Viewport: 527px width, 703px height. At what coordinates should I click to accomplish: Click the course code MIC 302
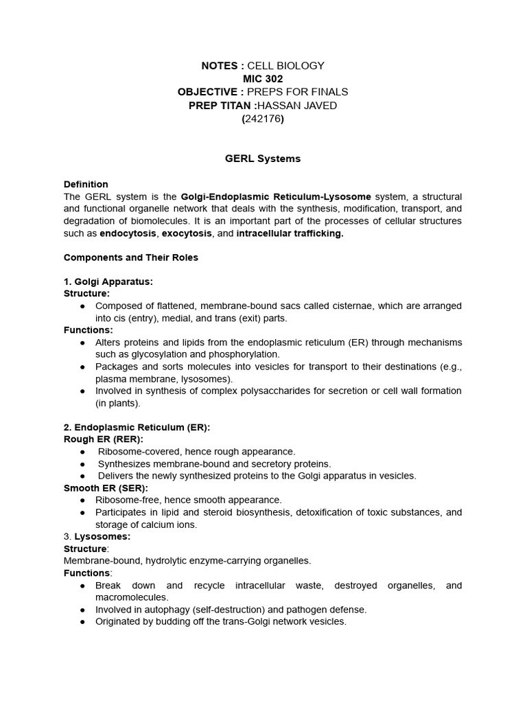tap(263, 79)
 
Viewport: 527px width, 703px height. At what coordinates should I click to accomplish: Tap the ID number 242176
tap(263, 118)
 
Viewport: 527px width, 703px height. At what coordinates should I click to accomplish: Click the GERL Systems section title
tap(263, 159)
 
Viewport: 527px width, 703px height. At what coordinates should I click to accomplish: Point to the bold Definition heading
tap(86, 184)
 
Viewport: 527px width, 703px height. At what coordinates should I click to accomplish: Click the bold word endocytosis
tap(128, 233)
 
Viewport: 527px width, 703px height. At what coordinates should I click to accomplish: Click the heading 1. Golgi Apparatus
tap(108, 281)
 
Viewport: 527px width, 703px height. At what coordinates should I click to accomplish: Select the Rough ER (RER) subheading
tap(104, 439)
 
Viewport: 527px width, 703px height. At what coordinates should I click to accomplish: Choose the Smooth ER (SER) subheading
tap(106, 487)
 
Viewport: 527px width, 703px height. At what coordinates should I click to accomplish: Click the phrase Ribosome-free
tap(127, 500)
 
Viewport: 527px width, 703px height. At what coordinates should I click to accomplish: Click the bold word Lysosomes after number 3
tap(102, 536)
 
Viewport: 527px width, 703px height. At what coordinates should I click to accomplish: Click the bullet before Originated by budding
tap(83, 622)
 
